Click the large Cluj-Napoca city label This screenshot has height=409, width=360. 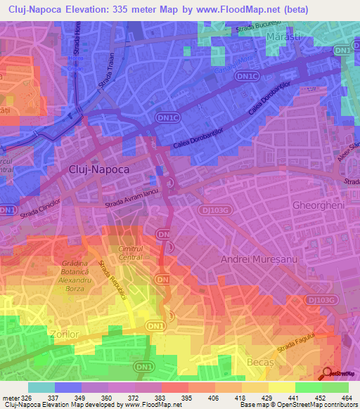point(99,169)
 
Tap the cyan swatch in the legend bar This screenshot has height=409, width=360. point(41,387)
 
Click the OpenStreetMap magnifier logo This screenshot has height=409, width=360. point(328,373)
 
